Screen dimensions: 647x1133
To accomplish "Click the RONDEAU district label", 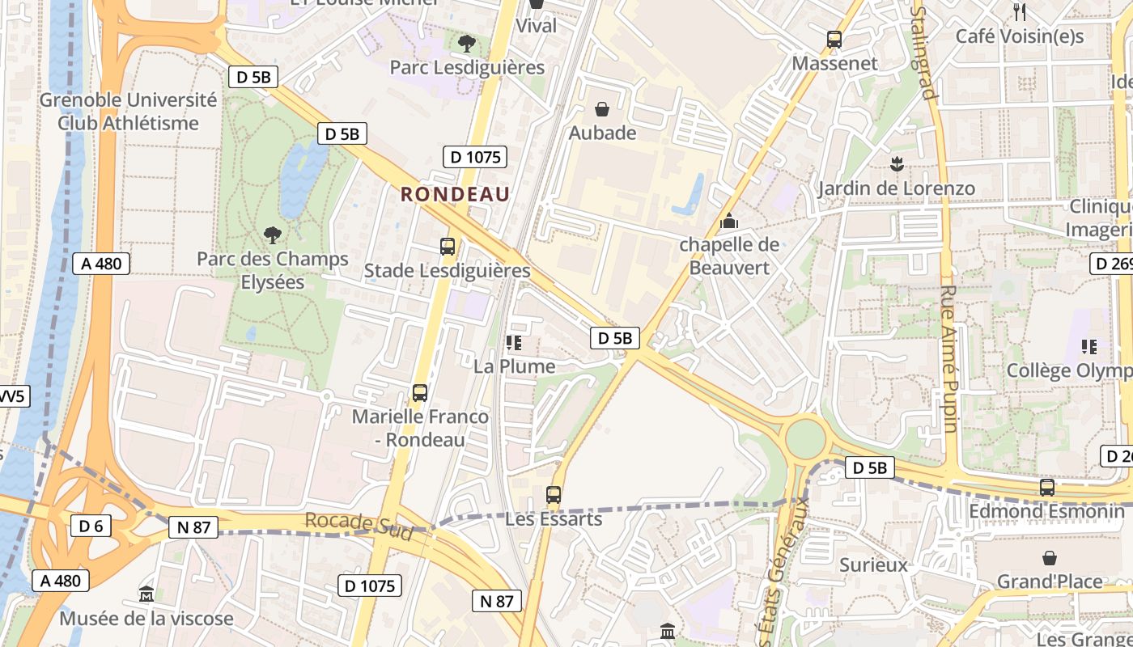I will click(455, 194).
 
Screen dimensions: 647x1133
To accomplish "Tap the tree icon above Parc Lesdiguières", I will click(466, 43).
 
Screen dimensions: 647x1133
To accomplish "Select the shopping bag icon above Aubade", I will click(602, 108).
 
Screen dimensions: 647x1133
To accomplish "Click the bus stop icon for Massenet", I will click(834, 39).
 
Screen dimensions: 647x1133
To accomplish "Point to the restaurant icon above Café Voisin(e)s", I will click(1020, 12).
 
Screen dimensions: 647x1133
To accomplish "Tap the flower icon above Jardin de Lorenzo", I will click(896, 165).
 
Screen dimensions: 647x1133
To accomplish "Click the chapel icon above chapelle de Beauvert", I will click(729, 220).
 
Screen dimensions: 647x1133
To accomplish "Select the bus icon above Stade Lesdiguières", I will click(448, 247).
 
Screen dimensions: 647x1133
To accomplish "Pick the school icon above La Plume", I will click(513, 343).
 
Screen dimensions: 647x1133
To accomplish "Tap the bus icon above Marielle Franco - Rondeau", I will click(420, 393).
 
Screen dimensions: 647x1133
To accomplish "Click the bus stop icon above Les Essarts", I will click(554, 495).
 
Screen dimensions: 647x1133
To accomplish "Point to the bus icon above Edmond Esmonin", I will click(1047, 488).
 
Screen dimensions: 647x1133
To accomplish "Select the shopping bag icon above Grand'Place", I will click(1050, 558).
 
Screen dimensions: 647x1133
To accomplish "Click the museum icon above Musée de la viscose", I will click(146, 594).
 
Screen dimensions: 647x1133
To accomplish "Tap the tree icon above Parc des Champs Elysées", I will click(273, 235).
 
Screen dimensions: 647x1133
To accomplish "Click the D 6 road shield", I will click(91, 526).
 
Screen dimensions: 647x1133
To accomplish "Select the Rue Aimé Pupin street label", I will click(949, 358).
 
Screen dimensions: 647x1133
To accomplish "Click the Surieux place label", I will click(874, 565).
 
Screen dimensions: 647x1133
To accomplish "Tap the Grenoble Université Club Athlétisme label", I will click(128, 112).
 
